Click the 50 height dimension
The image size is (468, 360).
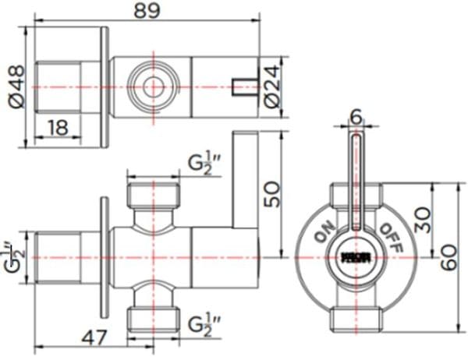click(x=272, y=192)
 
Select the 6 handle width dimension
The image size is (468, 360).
click(x=356, y=115)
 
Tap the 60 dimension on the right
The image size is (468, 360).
click(x=450, y=254)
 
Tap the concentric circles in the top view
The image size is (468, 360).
click(x=151, y=85)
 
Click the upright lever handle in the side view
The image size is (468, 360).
click(x=248, y=180)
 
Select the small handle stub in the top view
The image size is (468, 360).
click(x=246, y=85)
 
